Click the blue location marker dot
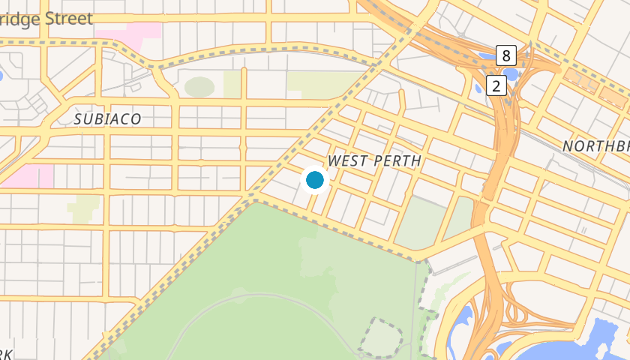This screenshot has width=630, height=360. [x=315, y=180]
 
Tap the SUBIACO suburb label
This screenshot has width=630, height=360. [x=107, y=119]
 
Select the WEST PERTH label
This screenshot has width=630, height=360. [x=374, y=161]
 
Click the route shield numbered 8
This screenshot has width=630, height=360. [x=507, y=55]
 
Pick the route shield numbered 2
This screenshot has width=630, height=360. [x=496, y=85]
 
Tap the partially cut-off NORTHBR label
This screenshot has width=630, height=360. [x=595, y=145]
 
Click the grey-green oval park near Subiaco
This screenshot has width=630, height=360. [x=199, y=87]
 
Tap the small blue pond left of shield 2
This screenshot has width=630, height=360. [x=479, y=89]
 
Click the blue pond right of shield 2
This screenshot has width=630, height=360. [x=514, y=74]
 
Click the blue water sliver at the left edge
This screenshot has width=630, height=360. [x=2, y=76]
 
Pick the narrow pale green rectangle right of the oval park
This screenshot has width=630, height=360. [x=232, y=85]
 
